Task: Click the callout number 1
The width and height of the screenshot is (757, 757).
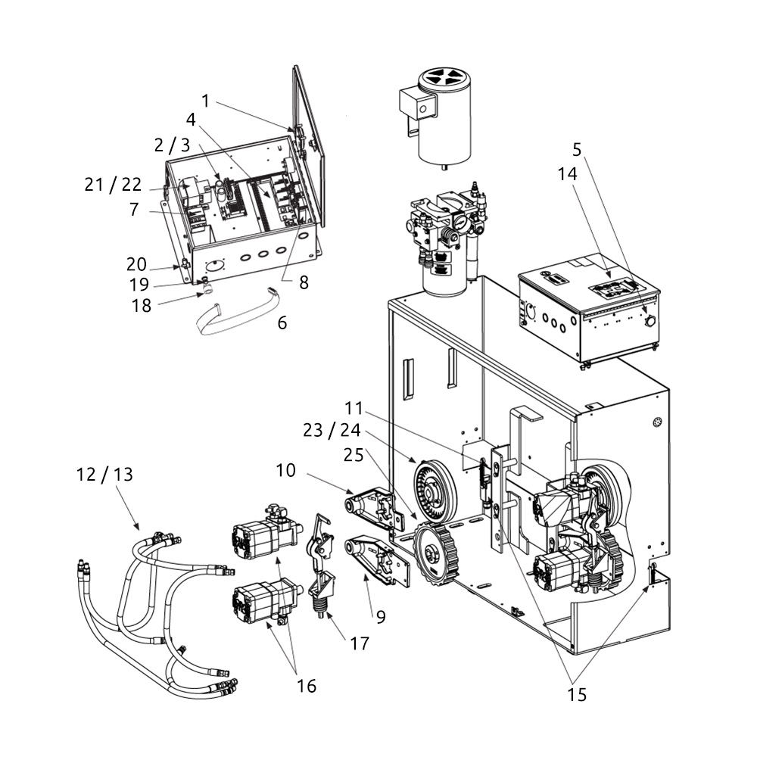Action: pos(206,101)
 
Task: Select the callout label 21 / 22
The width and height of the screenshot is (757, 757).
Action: pos(113,185)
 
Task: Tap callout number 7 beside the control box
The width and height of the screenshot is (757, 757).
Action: pos(134,210)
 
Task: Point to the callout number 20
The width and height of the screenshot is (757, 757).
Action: pos(137,263)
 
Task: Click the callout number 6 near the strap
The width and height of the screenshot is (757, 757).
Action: pos(282,322)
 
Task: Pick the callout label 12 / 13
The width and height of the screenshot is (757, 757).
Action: pos(104,475)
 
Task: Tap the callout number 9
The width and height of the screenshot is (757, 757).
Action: pos(380,617)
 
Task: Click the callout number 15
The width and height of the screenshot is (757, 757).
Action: pos(577,694)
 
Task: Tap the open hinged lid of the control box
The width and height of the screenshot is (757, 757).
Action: pos(309,144)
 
